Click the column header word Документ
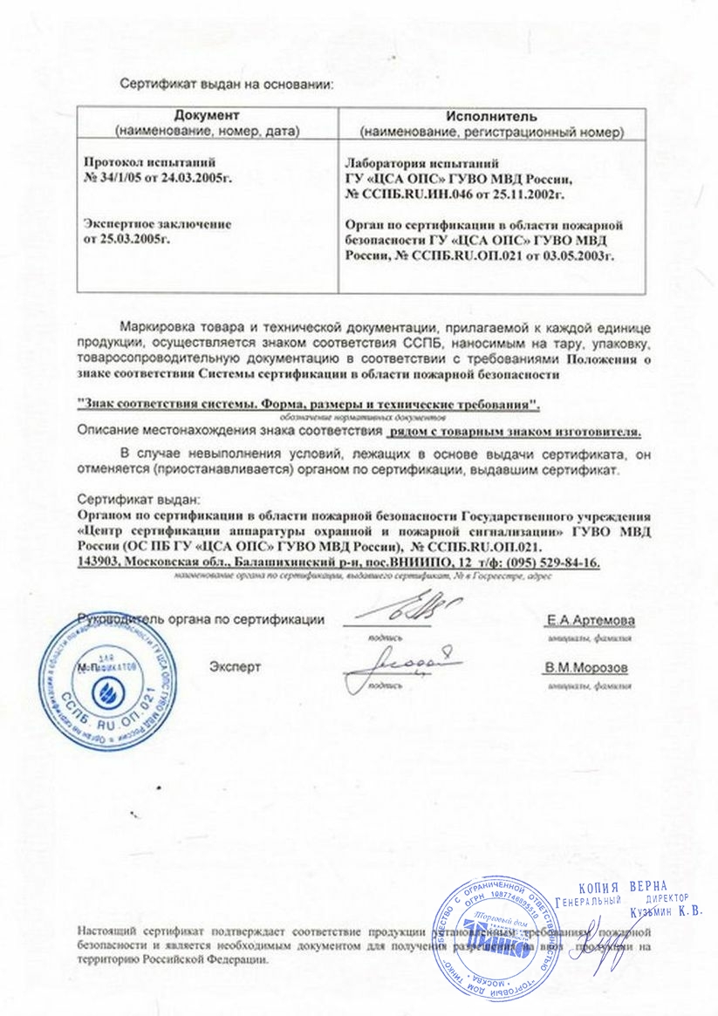coord(206,116)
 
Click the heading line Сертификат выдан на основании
coord(227,85)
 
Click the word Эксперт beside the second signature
coord(235,668)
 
